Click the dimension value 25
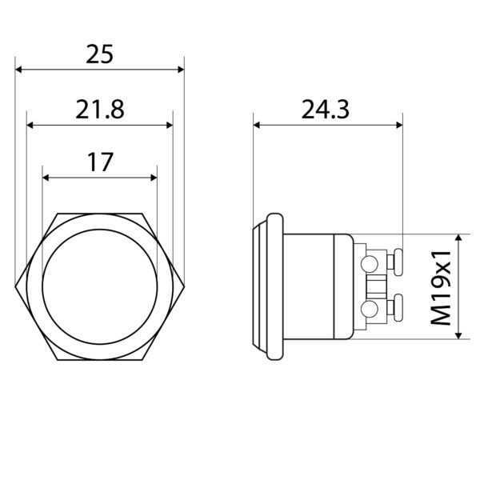click(99, 54)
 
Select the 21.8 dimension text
click(100, 110)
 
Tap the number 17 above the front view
click(100, 162)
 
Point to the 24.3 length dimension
click(325, 110)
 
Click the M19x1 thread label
click(441, 288)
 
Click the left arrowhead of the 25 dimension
click(18, 70)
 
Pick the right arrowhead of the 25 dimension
click(181, 70)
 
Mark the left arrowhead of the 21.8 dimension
click(30, 126)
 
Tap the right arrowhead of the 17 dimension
click(154, 178)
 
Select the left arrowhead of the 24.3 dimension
click(257, 125)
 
